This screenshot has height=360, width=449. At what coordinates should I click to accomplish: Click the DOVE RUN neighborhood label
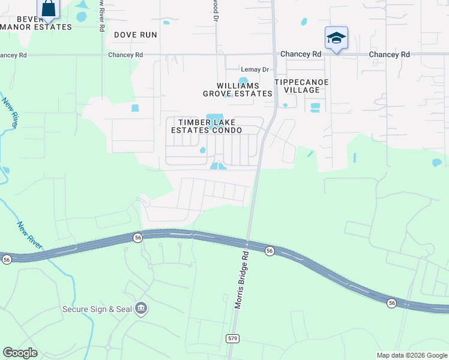click(x=135, y=35)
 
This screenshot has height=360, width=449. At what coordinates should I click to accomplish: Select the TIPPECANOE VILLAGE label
click(x=297, y=86)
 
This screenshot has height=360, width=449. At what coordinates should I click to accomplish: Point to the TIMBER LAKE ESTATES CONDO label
click(x=206, y=126)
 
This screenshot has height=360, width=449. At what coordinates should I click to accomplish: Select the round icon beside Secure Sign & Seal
click(x=141, y=309)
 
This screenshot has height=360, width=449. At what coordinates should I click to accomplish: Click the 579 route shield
click(x=233, y=338)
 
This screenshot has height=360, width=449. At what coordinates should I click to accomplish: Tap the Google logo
click(x=20, y=353)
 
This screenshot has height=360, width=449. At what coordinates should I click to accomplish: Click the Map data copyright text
click(x=411, y=355)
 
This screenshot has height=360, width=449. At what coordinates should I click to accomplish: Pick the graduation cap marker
click(x=336, y=38)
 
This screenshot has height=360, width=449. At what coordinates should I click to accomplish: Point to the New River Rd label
click(x=103, y=18)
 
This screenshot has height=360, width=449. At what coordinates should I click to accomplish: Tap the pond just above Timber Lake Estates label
click(x=214, y=117)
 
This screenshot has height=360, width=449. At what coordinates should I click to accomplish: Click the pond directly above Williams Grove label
click(x=243, y=80)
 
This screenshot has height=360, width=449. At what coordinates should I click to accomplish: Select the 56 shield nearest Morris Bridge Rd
click(x=270, y=251)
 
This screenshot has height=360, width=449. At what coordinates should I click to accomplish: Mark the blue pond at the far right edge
click(x=437, y=162)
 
